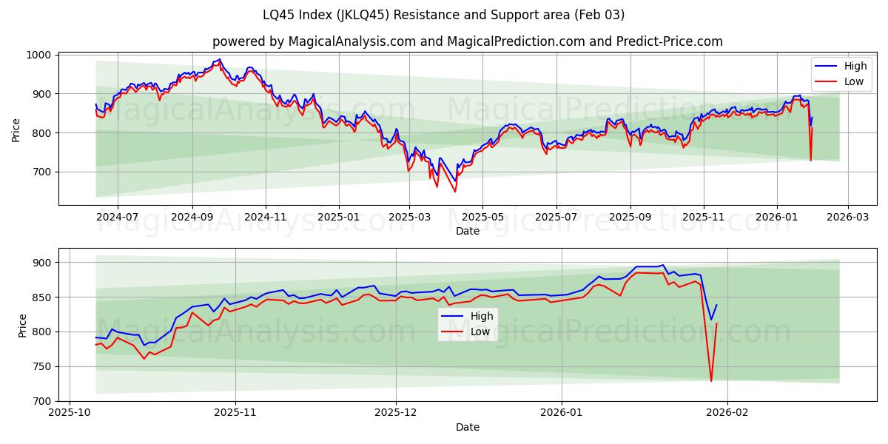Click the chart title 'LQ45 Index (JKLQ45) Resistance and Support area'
tap(443, 15)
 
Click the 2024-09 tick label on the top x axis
tap(192, 217)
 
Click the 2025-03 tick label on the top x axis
tap(409, 217)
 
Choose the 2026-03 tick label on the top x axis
tap(848, 217)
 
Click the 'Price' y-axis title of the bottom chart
tap(21, 325)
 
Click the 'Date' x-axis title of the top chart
tap(467, 231)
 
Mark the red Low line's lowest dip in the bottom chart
tap(711, 381)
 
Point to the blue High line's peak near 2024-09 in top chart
tap(219, 59)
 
